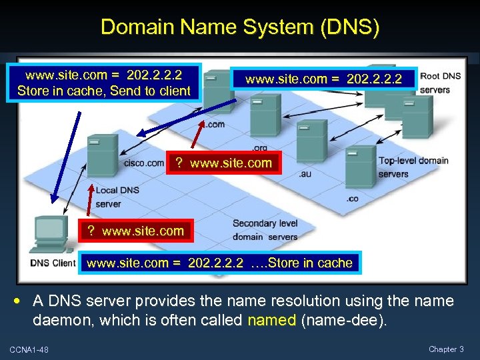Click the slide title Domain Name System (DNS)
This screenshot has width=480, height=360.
click(x=240, y=27)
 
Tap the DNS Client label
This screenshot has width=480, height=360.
click(x=53, y=263)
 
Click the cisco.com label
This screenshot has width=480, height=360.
click(x=143, y=163)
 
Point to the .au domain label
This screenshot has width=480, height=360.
click(x=305, y=174)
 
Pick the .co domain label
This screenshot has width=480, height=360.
click(x=353, y=198)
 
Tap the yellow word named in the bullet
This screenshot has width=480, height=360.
click(x=271, y=320)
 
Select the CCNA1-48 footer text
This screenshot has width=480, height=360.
click(x=29, y=349)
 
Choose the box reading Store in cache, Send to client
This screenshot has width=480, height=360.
click(x=104, y=83)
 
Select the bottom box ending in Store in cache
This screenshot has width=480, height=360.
click(x=219, y=263)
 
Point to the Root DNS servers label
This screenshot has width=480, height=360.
click(x=439, y=83)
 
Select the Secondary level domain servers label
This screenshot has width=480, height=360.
click(x=265, y=230)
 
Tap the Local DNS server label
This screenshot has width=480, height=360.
click(x=117, y=197)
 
